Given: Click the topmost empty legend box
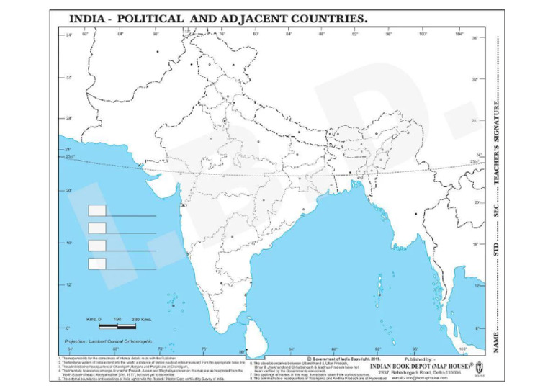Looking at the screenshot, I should coord(97,210).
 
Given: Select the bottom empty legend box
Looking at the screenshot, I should coord(97,264).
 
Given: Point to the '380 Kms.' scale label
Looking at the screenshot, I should coord(139,318).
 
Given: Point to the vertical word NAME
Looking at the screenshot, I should coord(497,338).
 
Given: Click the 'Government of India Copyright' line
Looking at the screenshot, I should coord(342,358).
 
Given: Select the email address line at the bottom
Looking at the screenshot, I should coord(426,377).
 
